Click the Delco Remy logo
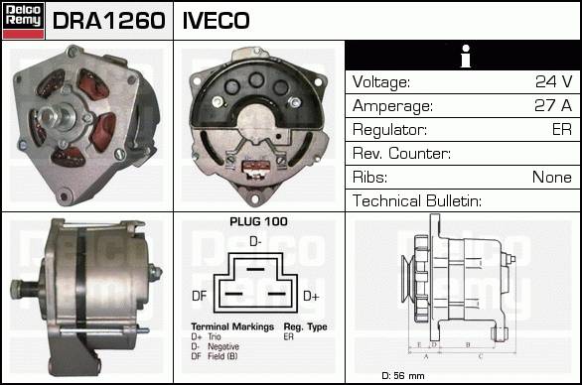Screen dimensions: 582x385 click(x=24, y=21)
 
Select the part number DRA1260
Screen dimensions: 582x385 click(x=109, y=21)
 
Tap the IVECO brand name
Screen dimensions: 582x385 click(x=217, y=21)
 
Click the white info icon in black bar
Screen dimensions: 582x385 click(x=466, y=56)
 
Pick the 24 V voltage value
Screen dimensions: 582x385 click(x=553, y=81)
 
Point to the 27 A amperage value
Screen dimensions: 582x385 click(x=553, y=105)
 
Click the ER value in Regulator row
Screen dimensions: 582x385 click(x=561, y=129)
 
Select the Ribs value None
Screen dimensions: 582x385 click(x=552, y=177)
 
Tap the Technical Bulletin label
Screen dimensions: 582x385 click(x=417, y=200)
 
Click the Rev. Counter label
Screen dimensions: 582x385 click(x=401, y=153)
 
